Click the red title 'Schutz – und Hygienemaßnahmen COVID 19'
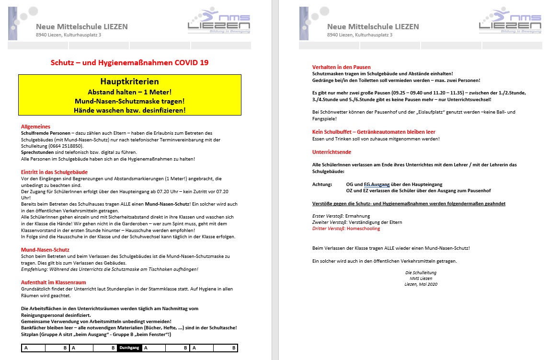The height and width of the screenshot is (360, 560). [129, 62]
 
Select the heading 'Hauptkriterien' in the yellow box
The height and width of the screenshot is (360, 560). [129, 81]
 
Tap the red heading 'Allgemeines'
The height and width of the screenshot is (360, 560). [35, 127]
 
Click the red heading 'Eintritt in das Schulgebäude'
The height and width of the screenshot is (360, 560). [54, 172]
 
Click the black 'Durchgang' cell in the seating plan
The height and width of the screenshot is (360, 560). [129, 348]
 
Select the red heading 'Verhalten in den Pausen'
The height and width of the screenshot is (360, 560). [341, 67]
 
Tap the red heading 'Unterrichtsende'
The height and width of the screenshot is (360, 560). [331, 152]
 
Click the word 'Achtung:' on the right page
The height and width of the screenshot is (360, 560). [321, 184]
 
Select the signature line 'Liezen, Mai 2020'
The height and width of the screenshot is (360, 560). [421, 284]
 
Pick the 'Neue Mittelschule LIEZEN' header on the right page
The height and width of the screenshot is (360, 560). [373, 26]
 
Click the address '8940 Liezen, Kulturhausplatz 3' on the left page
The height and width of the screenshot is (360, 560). [69, 35]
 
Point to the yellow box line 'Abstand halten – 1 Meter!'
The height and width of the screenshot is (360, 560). [129, 92]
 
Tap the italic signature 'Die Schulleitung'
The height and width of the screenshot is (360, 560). [421, 272]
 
